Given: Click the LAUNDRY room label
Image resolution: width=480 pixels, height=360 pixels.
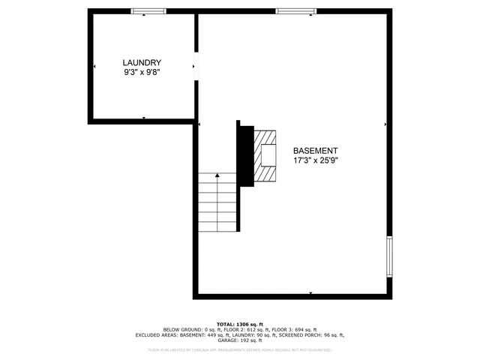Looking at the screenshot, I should [142, 63].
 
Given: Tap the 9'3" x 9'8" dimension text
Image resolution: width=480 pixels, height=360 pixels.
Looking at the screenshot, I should [142, 73].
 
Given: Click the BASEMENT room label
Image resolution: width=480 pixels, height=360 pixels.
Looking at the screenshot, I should [315, 150].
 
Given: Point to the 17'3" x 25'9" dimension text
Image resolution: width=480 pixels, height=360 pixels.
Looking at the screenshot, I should [315, 160].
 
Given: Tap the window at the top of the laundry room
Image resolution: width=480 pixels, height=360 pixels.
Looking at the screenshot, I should [148, 11].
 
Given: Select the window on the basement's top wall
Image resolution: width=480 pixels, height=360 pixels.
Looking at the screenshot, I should [292, 11].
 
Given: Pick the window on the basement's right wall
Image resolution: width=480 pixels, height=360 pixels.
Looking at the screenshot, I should [389, 257].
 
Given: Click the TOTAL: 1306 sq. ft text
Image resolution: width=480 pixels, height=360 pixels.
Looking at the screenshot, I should [240, 323].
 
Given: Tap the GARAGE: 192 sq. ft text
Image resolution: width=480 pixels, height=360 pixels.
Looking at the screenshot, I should [240, 340].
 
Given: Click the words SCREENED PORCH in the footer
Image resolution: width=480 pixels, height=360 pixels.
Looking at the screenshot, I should [297, 335].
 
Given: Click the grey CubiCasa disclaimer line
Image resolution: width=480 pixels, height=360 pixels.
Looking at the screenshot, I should [240, 349].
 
